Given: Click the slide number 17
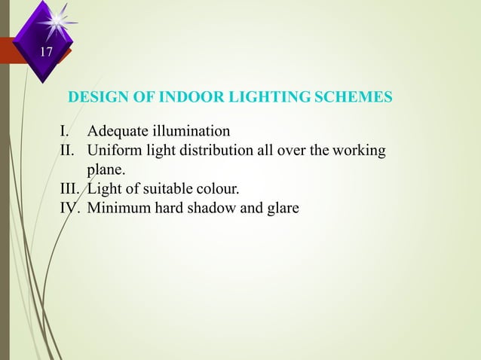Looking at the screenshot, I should click(x=47, y=52).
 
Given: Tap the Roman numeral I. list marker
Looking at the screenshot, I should click(x=66, y=134).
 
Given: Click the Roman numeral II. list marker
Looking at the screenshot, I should click(x=69, y=151).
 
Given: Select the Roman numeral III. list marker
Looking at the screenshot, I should click(x=72, y=188).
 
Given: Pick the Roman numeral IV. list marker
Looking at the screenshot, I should click(x=71, y=206).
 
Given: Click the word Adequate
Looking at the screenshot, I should click(x=117, y=134).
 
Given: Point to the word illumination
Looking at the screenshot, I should click(x=190, y=134).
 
